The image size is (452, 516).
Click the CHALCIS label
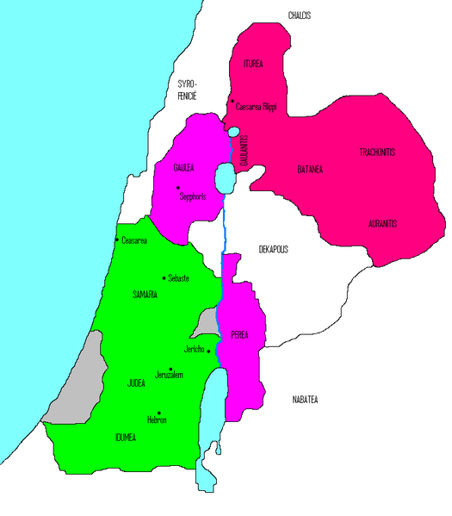pos(299,16)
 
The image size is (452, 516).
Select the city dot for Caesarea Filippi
pos(232,103)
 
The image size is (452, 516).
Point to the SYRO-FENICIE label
pos(188,90)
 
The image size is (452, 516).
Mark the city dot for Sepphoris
pos(177,188)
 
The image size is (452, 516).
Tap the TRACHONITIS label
pos(377,152)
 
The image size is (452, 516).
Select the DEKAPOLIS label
pos(273,249)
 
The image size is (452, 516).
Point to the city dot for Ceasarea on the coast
pos(117,239)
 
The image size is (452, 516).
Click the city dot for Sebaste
pos(164,277)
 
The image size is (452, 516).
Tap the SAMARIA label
pos(144,295)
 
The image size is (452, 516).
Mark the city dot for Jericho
pos(207,350)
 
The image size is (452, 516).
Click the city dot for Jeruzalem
pos(170,369)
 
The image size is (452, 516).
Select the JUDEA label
pos(136,382)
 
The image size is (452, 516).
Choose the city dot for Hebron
pos(159,413)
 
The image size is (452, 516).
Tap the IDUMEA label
pos(126,437)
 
